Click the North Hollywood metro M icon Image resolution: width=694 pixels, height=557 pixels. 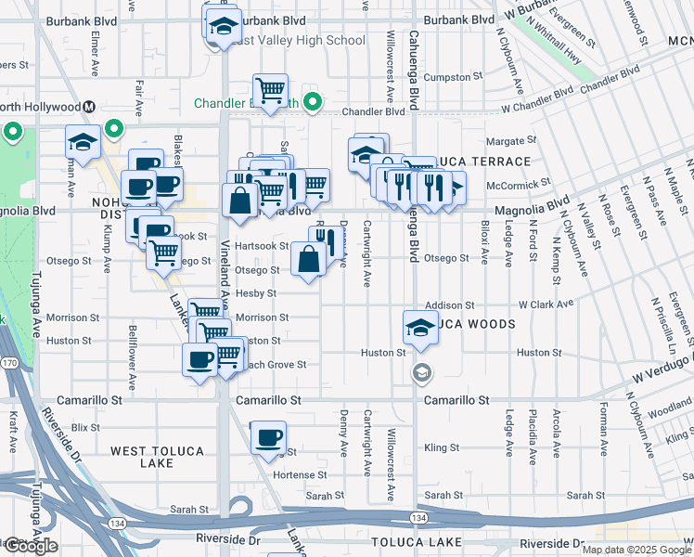coord(90,107)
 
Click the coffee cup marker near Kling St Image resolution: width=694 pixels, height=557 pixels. coord(268,437)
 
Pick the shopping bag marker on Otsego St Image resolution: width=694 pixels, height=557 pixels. coord(308,260)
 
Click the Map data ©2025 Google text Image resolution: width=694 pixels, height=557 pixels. coord(636,550)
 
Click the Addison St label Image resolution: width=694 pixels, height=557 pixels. coord(449,304)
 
